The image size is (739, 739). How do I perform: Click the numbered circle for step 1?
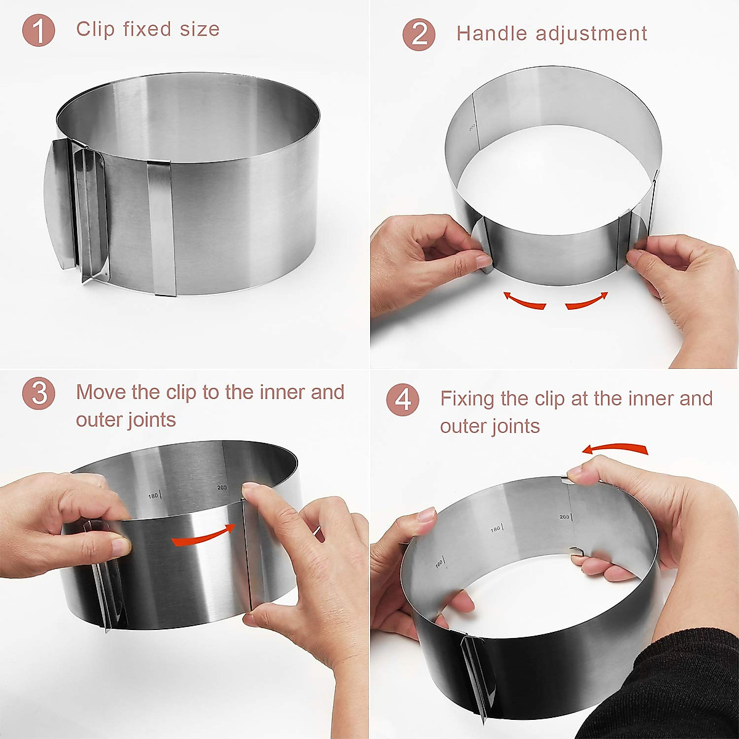click(39, 30)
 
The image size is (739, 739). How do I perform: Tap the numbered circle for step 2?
click(419, 34)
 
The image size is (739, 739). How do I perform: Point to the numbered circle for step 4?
click(403, 400)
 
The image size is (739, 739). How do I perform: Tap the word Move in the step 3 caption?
click(101, 392)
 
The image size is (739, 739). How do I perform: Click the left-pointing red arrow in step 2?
click(525, 301)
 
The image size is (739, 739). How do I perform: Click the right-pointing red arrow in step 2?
click(587, 301)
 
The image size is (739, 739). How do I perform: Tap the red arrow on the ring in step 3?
click(203, 536)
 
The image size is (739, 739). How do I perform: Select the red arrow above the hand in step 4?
click(615, 448)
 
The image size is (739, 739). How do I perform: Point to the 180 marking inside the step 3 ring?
click(153, 496)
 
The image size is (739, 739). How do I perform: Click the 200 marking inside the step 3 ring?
click(222, 488)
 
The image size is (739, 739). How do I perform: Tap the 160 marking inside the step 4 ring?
click(439, 563)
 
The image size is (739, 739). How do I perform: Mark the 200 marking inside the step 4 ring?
click(565, 517)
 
